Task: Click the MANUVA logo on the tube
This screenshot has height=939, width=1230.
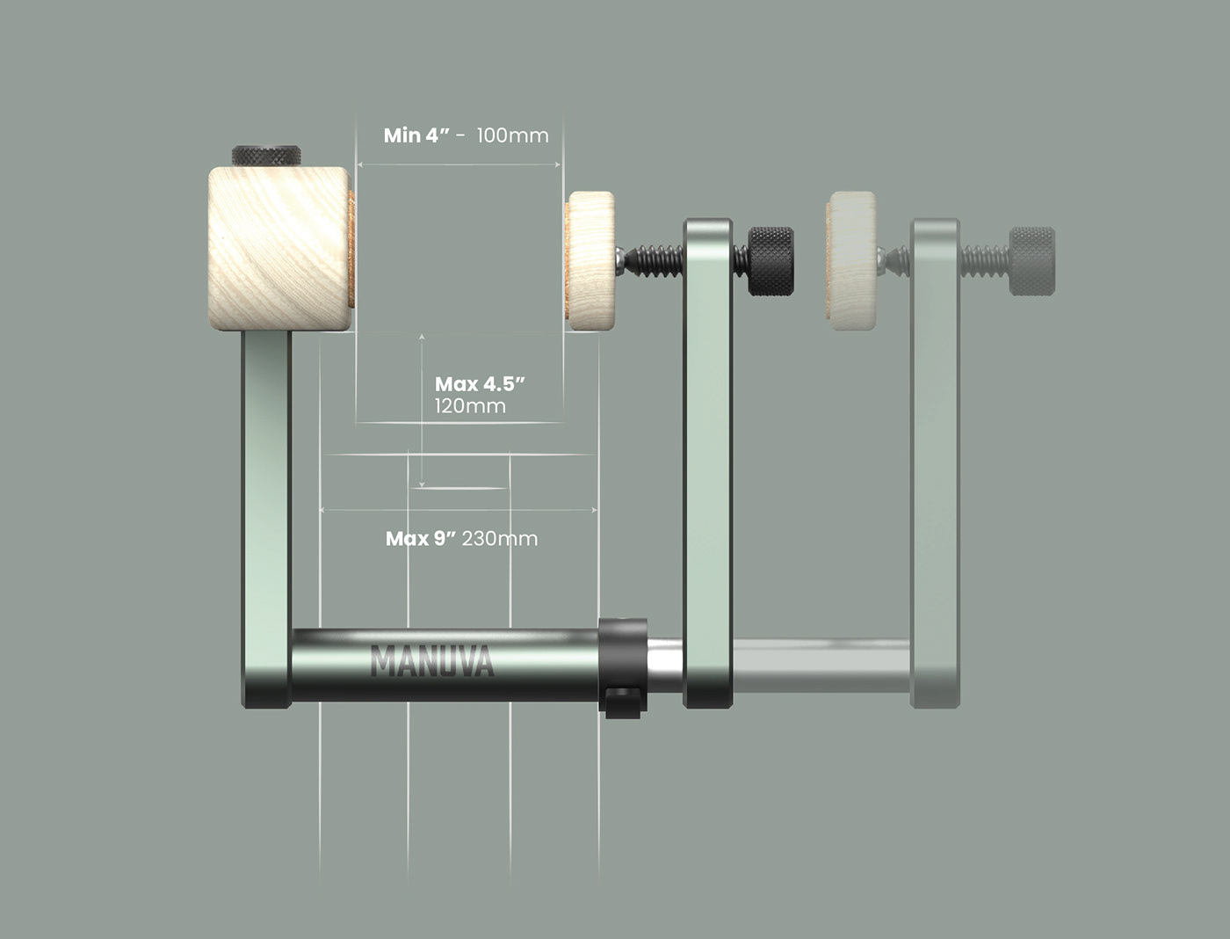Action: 431,661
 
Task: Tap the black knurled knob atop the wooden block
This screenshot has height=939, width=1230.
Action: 267,156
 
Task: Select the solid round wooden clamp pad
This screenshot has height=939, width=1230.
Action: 590,261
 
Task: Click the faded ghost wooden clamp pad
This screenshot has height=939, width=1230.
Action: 850,255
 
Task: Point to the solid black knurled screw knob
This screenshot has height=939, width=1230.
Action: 771,261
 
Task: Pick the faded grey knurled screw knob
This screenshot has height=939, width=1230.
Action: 1031,261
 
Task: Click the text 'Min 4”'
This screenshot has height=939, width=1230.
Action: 416,135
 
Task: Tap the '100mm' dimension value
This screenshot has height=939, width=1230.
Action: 512,135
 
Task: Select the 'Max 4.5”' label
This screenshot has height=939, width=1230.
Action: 480,384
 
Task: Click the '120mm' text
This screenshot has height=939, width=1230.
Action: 470,406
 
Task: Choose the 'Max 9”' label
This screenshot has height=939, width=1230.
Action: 421,538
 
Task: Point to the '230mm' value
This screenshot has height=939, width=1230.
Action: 500,538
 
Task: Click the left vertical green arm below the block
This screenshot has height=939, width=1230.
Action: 266,492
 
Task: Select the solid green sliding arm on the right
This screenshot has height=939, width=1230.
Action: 708,457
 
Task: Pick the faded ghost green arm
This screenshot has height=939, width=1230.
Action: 935,457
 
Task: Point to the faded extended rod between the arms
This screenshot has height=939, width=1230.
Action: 821,666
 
